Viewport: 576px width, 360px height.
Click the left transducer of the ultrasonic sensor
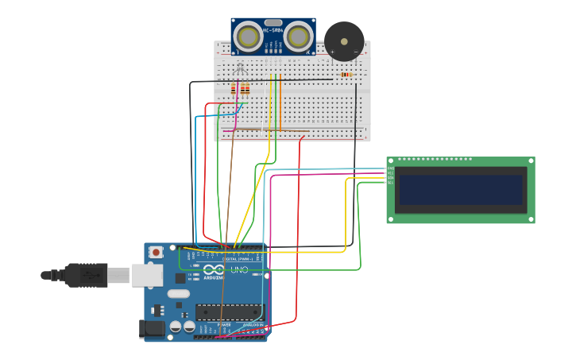pos(249,37)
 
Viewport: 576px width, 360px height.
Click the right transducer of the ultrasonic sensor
pos(298,37)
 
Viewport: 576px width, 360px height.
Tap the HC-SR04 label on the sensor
pos(273,30)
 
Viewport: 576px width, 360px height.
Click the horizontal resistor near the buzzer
pos(346,75)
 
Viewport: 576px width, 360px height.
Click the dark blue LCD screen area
pos(461,190)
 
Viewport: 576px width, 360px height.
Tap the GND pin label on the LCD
pos(390,168)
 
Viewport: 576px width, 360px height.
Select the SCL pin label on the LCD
pos(390,183)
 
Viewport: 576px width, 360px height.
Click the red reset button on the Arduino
pos(156,253)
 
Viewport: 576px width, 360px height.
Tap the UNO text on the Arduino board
pos(239,269)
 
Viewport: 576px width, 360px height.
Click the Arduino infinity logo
pos(214,269)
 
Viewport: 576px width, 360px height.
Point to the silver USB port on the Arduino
pos(147,275)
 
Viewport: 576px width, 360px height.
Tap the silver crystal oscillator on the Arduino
pos(179,293)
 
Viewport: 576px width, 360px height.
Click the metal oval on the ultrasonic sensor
pos(273,22)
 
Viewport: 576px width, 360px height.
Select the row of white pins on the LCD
pos(433,159)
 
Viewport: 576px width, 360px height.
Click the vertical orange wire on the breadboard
pos(280,102)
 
